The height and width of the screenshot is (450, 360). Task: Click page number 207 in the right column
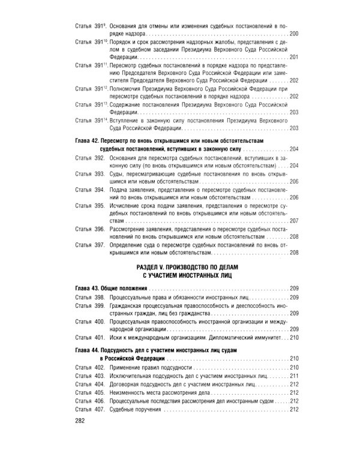click(x=293, y=220)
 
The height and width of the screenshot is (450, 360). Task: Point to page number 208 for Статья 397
click(x=293, y=253)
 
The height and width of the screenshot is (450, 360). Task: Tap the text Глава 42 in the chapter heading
click(x=88, y=139)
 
